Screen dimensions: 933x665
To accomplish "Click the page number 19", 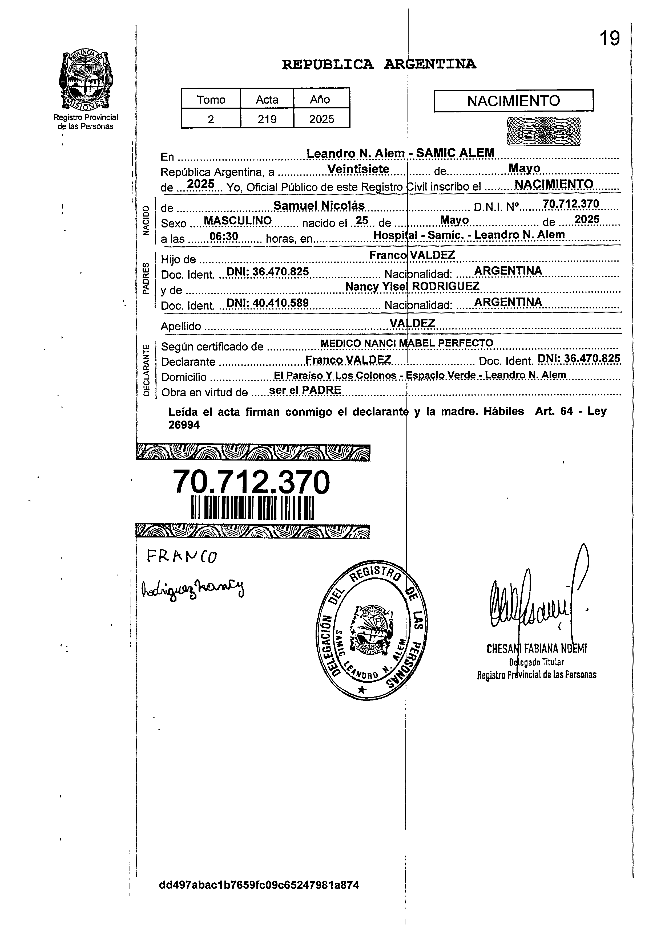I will (x=609, y=39).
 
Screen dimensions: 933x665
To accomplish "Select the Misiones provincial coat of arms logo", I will (x=86, y=80).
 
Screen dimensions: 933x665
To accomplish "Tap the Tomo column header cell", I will (x=211, y=99).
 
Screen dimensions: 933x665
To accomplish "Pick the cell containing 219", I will (x=267, y=119).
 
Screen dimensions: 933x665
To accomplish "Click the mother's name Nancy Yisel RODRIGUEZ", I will (x=412, y=286).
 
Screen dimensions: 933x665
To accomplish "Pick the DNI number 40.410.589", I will (x=267, y=303).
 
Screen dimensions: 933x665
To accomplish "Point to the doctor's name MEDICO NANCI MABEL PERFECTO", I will (x=407, y=343).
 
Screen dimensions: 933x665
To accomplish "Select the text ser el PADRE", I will (x=305, y=390).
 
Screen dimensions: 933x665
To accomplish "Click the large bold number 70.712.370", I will (x=251, y=482).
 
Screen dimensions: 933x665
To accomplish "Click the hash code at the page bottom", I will (x=259, y=885).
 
